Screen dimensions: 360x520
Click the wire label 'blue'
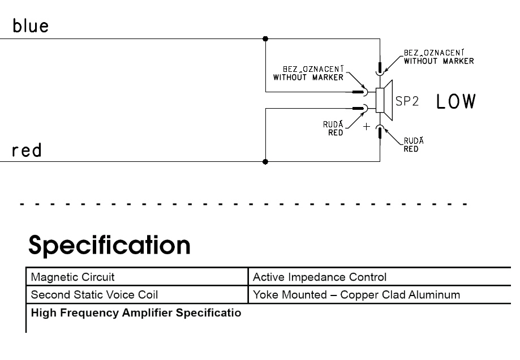click(31, 27)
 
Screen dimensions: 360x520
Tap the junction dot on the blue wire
click(266, 38)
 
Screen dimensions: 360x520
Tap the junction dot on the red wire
click(266, 161)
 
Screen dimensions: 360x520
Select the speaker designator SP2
click(406, 102)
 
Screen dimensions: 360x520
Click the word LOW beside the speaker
click(455, 102)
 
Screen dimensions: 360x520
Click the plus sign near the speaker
click(366, 126)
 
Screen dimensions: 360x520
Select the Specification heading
click(110, 246)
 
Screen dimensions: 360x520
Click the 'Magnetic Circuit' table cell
click(72, 277)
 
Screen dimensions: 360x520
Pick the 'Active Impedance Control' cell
click(320, 277)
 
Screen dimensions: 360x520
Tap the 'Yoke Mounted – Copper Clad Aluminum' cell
click(356, 295)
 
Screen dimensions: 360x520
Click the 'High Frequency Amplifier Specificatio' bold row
click(136, 312)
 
